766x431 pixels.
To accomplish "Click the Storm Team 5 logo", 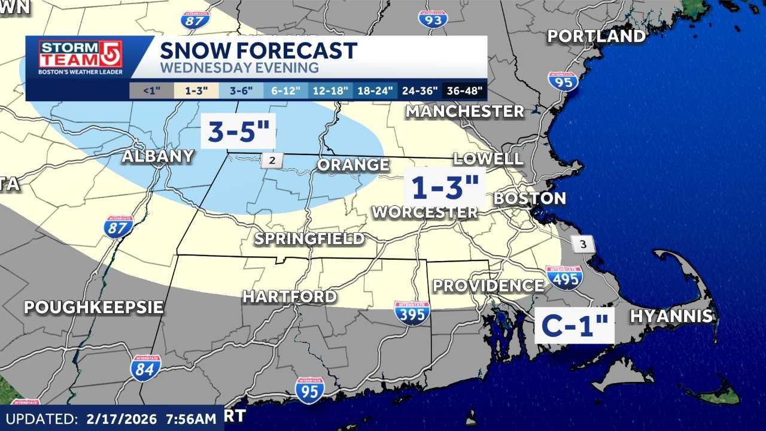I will point(80,58).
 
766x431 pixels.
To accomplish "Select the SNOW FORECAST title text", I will point(259,50).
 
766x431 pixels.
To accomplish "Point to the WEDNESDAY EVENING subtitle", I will point(239,68).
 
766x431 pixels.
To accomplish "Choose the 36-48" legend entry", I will point(465,92).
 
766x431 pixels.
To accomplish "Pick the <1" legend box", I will point(151,92).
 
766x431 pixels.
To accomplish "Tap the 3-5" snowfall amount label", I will point(239,132).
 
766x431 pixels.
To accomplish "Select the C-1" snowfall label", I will point(574,326).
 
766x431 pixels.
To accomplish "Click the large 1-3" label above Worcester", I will point(444,188).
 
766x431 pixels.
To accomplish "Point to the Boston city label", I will point(529,199).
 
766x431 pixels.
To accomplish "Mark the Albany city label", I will point(158,157).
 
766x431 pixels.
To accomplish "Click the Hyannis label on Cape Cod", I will point(671,317).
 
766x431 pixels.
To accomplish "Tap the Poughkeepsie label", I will point(94,308).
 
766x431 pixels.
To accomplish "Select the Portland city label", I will point(597,37).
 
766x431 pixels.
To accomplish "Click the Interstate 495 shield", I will point(564,278).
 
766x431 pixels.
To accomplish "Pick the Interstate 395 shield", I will point(412,312).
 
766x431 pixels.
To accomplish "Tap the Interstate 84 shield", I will point(145,368).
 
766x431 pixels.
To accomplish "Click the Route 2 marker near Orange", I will point(271,160).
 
